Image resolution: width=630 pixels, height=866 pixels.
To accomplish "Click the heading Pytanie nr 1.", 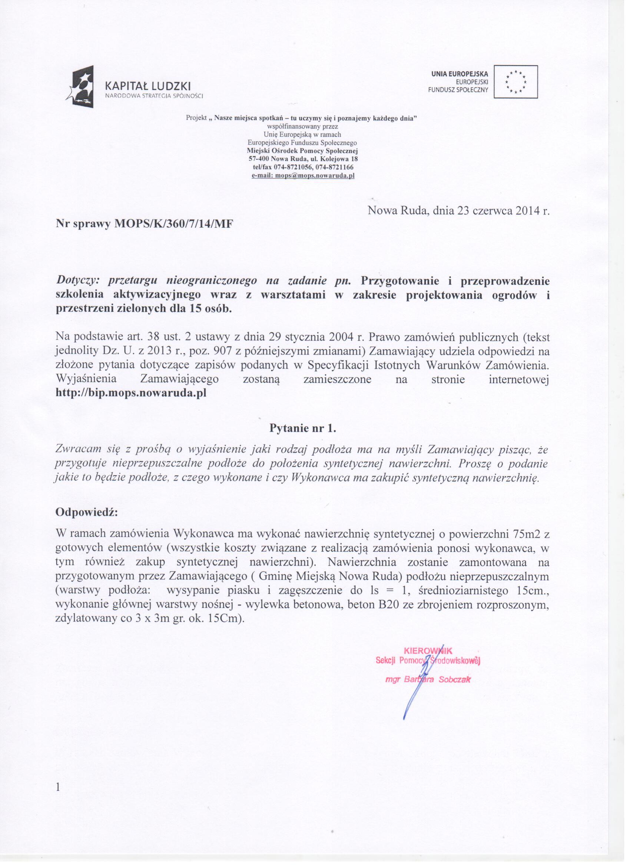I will (303, 429).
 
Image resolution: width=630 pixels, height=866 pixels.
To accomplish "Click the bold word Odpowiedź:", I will (87, 512).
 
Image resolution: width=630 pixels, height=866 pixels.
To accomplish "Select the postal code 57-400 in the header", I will (261, 159).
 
